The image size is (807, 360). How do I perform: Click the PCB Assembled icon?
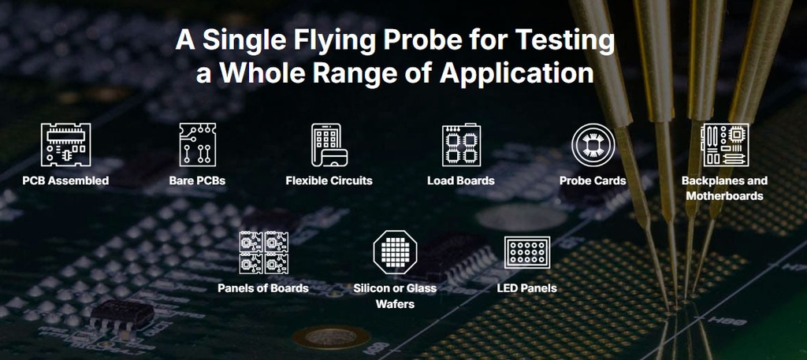coord(65,145)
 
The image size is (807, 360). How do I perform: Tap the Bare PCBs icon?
coord(197,145)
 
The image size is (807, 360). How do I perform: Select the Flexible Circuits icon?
coord(329,145)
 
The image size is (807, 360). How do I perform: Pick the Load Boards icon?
coord(461,145)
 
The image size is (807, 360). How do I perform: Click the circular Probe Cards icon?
coord(593,145)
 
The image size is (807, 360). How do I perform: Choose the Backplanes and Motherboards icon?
coord(724,145)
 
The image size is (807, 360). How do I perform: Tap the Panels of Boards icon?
coord(263,252)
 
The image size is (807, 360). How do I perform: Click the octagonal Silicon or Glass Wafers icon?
coord(395,252)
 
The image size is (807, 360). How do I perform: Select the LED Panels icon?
coord(526,252)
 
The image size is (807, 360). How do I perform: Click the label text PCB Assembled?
coord(65,180)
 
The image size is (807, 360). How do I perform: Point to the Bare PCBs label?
coord(197,180)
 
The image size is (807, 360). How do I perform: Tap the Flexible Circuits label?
coord(329,180)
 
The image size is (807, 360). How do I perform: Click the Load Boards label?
coord(461,180)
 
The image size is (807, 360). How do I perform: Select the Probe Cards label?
coord(593,180)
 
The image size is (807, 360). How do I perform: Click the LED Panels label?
coord(526,288)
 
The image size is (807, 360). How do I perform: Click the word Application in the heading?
coord(515,73)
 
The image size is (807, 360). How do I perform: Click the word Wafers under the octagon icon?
coord(395,304)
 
